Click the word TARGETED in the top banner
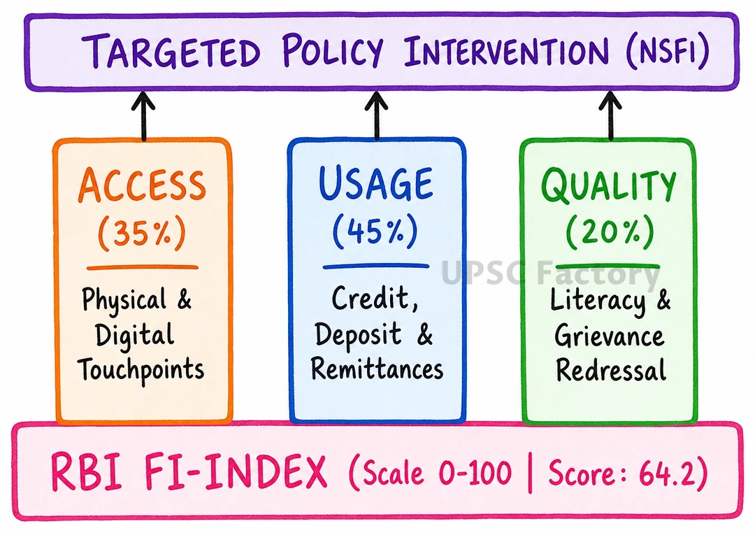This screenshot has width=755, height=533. click(171, 50)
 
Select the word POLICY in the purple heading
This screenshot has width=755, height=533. click(332, 50)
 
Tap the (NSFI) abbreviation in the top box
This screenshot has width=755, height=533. click(668, 50)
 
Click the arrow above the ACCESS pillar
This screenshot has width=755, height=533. click(143, 115)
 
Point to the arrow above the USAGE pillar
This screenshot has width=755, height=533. click(377, 115)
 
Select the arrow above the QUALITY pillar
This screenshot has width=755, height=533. click(610, 115)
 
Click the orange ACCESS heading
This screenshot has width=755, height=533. click(142, 185)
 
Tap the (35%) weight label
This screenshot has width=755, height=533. click(141, 233)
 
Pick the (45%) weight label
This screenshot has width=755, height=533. click(375, 232)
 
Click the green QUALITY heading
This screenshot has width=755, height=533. click(609, 185)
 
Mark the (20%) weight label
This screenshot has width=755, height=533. click(610, 232)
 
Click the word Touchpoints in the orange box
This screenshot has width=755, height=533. click(141, 369)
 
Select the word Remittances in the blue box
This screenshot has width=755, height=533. click(377, 369)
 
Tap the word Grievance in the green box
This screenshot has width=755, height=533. click(609, 336)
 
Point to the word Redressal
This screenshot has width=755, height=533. click(611, 370)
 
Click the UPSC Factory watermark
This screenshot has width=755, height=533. click(550, 273)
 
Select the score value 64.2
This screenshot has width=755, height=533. click(668, 473)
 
